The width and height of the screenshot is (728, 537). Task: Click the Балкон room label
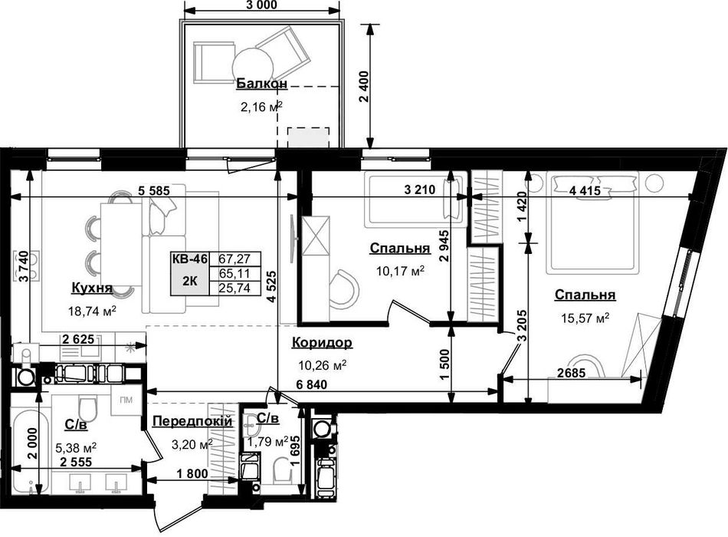tap(262, 84)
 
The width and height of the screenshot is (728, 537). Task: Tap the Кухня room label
tap(92, 288)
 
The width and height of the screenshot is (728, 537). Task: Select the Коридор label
tap(322, 343)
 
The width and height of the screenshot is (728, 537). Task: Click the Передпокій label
tap(192, 422)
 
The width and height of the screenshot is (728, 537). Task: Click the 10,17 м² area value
tap(400, 271)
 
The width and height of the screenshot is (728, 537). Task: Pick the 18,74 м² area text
tap(92, 311)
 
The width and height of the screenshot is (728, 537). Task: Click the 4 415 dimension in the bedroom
tap(584, 190)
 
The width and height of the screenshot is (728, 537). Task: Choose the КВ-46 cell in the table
tap(189, 259)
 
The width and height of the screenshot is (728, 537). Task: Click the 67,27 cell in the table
tap(235, 259)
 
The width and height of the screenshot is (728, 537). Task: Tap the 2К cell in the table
tap(189, 280)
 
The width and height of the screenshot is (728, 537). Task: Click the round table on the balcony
tap(253, 65)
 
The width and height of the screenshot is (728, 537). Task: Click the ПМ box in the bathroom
tap(126, 400)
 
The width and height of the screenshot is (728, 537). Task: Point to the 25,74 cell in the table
tap(235, 288)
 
